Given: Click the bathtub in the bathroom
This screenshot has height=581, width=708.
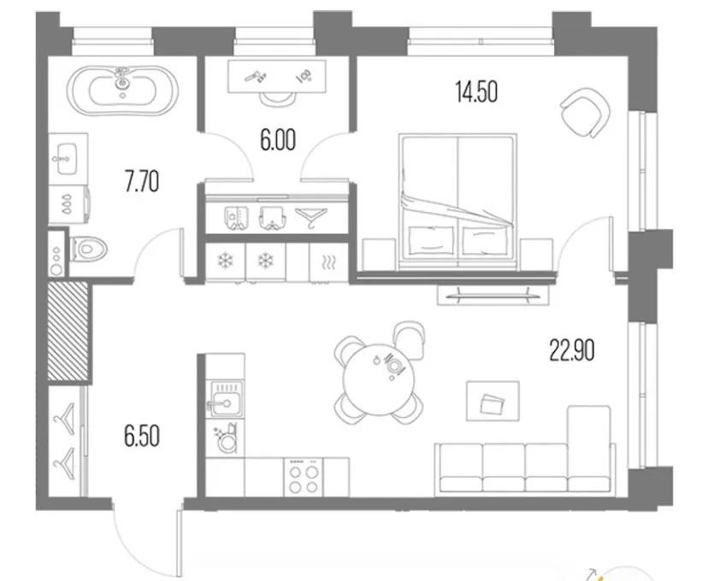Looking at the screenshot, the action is (x=122, y=91).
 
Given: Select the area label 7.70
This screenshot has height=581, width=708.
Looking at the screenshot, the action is (x=142, y=183).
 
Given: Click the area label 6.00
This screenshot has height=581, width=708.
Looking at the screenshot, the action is (x=278, y=140).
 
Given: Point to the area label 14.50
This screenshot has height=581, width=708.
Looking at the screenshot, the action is (x=477, y=92).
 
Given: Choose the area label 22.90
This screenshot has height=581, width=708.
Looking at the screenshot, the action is (x=572, y=350).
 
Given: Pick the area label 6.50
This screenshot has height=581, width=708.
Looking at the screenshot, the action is (x=142, y=437).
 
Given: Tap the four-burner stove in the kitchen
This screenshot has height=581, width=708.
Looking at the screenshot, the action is (x=304, y=478).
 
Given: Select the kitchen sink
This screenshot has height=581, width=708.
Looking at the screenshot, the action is (x=226, y=399).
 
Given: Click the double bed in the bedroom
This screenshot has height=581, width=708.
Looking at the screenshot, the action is (x=457, y=202).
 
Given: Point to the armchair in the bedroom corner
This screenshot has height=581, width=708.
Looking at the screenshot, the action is (x=585, y=112).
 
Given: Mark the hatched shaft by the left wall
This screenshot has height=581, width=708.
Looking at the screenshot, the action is (x=68, y=330).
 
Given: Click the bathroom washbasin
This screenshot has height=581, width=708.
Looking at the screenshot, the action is (x=68, y=159).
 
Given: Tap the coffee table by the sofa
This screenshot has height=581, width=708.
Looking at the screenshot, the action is (x=493, y=401).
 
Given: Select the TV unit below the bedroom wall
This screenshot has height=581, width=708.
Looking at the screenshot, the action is (x=493, y=296).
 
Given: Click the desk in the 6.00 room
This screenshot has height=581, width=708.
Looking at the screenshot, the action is (x=277, y=77).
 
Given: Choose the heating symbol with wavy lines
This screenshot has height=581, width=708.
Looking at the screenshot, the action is (x=328, y=261).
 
